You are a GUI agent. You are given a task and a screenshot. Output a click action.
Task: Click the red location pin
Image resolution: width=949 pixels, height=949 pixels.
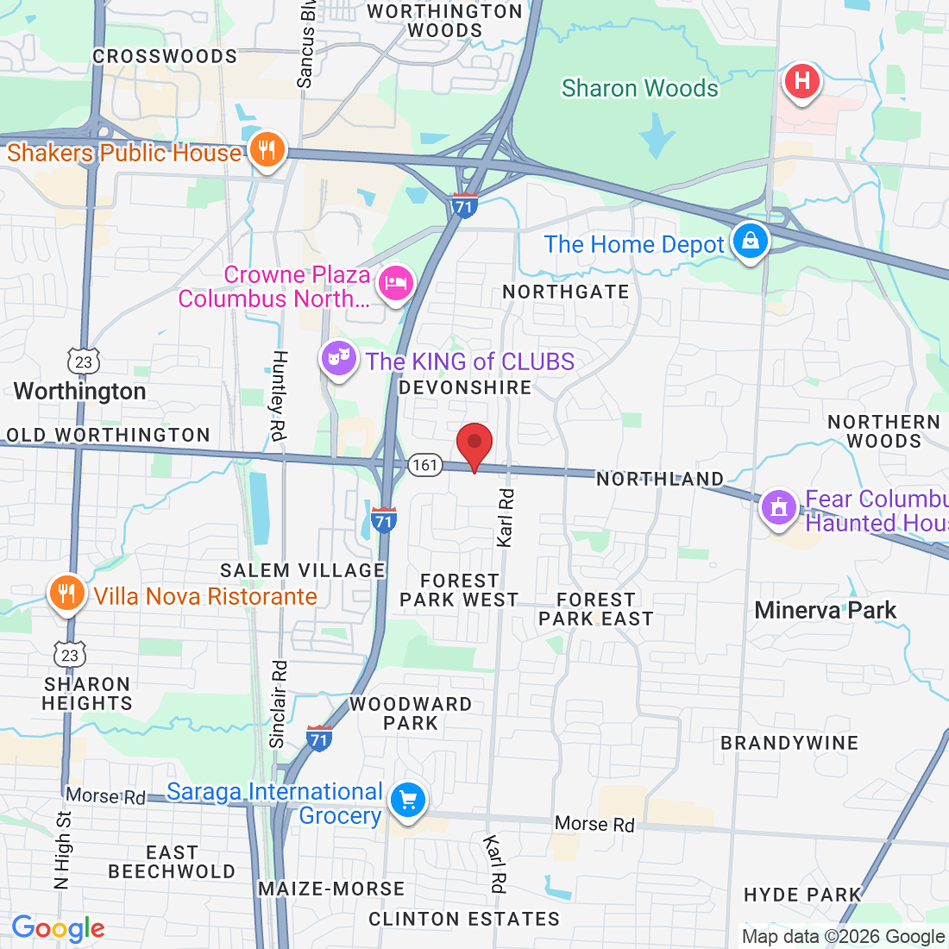click(x=474, y=445)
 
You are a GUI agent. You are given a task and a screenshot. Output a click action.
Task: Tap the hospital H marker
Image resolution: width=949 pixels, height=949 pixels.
click(x=801, y=82)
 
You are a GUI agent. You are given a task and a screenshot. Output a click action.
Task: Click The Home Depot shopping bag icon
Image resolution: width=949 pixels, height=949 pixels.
click(x=750, y=242)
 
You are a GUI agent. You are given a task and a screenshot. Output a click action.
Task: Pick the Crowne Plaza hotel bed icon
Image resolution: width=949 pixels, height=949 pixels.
click(x=396, y=283)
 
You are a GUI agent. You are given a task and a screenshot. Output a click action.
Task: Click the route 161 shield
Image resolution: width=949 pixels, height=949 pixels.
click(x=424, y=466)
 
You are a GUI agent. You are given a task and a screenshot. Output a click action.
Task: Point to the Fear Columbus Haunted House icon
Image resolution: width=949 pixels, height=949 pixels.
click(x=779, y=507)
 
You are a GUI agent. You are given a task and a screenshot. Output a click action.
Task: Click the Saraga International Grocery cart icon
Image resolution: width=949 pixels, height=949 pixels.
click(x=407, y=801)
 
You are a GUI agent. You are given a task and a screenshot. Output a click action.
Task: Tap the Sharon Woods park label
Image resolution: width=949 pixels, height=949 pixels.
click(x=639, y=88)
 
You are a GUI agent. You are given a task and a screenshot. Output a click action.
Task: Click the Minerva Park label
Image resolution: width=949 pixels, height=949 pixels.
click(x=826, y=611)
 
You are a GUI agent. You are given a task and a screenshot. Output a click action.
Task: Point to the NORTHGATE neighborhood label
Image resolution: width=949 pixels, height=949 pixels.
click(x=566, y=292)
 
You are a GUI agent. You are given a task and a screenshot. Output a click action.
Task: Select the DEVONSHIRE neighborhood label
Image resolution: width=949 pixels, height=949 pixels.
click(x=465, y=388)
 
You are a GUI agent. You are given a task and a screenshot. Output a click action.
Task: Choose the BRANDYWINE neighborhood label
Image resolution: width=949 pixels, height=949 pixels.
click(x=789, y=744)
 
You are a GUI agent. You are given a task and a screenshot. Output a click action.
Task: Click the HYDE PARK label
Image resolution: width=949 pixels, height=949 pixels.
click(x=802, y=896)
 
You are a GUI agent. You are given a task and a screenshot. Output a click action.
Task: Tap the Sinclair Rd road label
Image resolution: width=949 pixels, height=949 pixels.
click(x=278, y=703)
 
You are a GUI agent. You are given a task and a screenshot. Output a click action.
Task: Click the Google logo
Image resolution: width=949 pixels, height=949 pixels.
click(x=58, y=928)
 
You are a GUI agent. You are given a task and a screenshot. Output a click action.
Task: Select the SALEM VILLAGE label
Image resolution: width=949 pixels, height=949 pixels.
click(x=302, y=571)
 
